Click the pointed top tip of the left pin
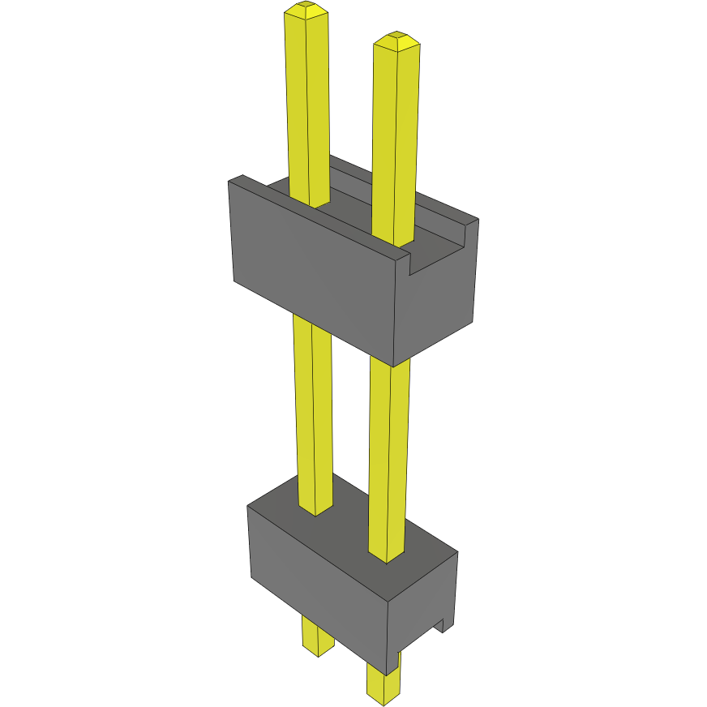pos(306,9)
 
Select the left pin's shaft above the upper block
pos(308,105)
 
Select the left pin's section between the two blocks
pos(313,405)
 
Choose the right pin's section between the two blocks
pos(388,454)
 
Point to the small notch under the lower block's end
pos(442,626)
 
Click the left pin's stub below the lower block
pos(317,636)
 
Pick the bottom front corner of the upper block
pos(394,365)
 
